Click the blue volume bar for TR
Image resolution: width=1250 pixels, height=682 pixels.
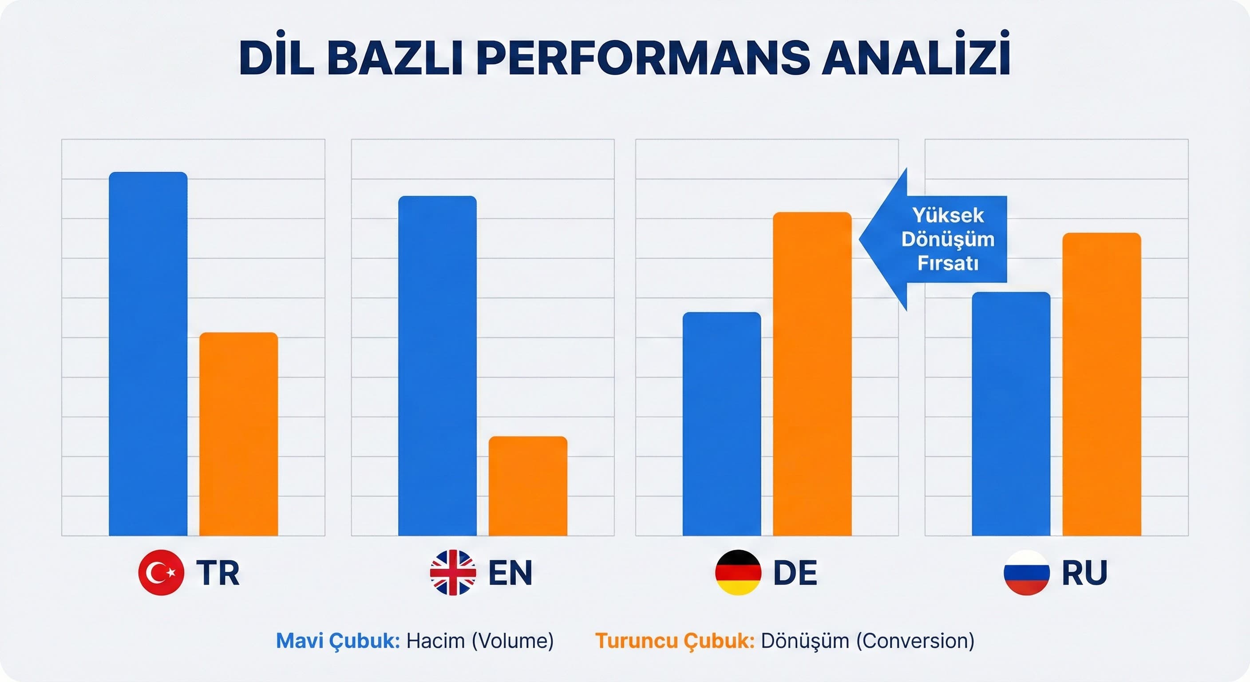pos(148,354)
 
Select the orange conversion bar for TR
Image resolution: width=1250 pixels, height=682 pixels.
pos(239,434)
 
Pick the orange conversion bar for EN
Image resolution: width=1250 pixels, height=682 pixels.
pos(528,486)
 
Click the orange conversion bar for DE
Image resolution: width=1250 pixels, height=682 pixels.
pos(812,374)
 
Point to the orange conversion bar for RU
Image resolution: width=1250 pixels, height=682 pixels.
pos(1101,384)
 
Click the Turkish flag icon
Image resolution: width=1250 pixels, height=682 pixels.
pos(161,572)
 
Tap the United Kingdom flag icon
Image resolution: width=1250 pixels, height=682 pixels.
pos(453,572)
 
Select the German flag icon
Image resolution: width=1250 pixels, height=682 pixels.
pos(738,572)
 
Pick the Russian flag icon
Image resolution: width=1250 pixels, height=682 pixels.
pos(1027,572)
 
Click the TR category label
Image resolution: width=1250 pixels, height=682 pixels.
pos(218,573)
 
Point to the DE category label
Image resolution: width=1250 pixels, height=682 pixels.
pos(795,573)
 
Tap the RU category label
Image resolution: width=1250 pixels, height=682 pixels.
pos(1084,573)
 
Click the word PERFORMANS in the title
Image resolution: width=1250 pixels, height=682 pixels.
pos(643,58)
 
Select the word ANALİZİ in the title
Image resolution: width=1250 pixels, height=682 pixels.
pos(916,58)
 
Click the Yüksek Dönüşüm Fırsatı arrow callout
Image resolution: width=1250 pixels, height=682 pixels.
pos(941,239)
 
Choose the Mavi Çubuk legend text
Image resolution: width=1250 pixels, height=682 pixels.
pos(338,641)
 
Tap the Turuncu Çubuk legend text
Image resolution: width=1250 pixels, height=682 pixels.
pos(675,641)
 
